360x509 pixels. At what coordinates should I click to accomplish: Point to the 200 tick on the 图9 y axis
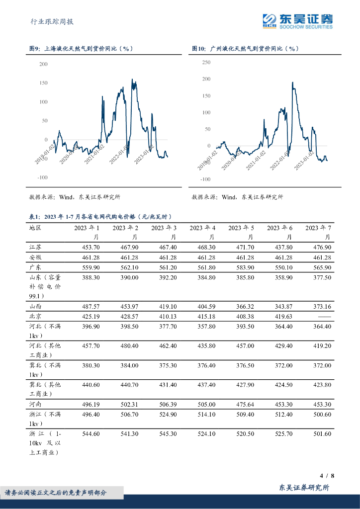coord(43,64)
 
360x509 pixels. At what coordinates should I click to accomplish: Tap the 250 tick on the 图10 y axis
coord(206,62)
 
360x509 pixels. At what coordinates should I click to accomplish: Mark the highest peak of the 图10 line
coord(292,89)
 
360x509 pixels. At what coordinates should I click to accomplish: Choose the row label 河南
coord(35,405)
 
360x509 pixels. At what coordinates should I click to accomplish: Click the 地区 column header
coord(35,228)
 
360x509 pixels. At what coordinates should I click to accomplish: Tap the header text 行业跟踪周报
coord(52,21)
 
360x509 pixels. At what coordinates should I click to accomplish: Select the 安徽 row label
coord(35,257)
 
